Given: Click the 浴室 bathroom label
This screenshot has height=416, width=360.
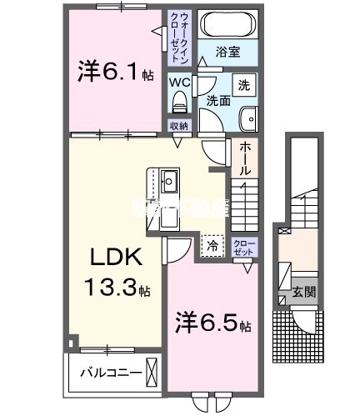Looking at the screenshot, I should [227, 52].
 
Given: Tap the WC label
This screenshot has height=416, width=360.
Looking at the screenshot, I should [180, 82].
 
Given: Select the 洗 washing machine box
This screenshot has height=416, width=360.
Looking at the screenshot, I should [243, 84].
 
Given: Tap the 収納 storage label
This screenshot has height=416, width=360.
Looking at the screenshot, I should [178, 126].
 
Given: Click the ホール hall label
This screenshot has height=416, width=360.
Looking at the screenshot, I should [247, 158].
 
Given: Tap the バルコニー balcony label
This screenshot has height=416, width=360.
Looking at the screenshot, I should [103, 371].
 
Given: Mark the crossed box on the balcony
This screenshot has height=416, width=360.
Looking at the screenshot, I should [151, 369].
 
